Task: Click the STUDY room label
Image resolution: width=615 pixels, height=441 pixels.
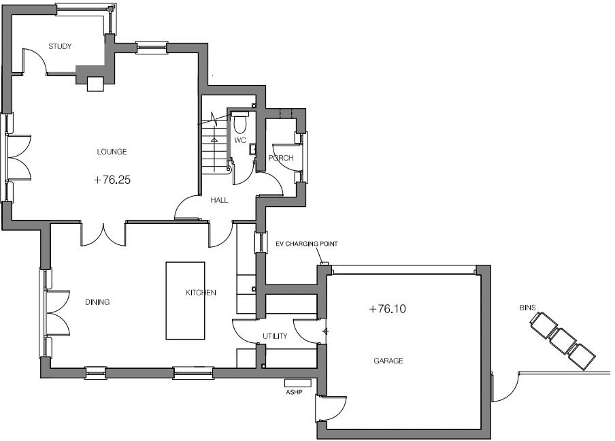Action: coord(60,46)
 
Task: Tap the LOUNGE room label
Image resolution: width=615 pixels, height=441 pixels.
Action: coord(112,152)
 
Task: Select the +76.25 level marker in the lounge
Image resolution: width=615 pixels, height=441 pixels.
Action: coord(112,180)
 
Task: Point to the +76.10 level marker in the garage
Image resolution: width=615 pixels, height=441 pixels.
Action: coord(387,309)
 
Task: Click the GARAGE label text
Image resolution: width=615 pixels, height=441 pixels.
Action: coord(388,361)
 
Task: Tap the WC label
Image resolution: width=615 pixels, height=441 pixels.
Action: coord(239,141)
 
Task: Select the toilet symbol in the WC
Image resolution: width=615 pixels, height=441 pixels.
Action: coord(239,124)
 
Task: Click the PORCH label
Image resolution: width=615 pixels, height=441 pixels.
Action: coord(281,158)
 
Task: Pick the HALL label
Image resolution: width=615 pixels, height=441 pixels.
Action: coord(219,200)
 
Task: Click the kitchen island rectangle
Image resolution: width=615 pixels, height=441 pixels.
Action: coord(185,300)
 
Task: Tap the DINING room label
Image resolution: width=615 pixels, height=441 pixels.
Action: coord(97,302)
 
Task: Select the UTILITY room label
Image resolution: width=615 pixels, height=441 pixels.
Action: coord(275,336)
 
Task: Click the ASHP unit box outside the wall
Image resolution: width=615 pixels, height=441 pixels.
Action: coord(298,383)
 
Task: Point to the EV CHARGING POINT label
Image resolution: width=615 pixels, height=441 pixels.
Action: coord(306,244)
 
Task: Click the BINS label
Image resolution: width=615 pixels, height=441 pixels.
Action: coord(528,308)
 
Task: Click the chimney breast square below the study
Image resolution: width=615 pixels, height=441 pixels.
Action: coord(95,83)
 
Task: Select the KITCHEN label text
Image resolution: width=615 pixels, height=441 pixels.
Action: coord(201,293)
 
